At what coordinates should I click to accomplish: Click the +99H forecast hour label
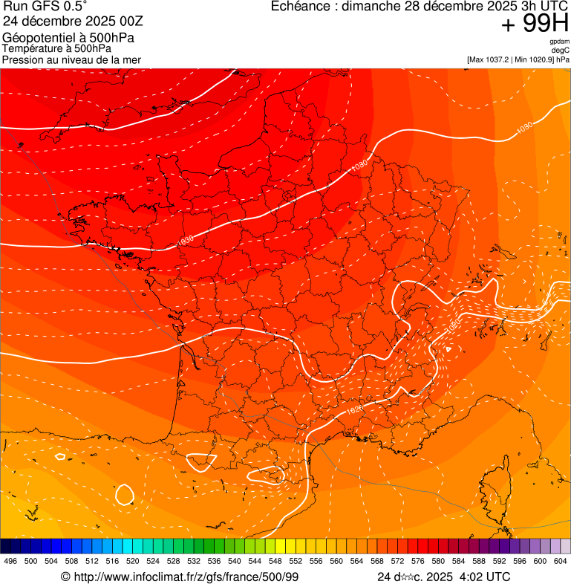pos(535,24)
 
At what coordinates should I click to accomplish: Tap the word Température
pos(32,49)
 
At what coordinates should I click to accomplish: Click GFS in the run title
pos(43,6)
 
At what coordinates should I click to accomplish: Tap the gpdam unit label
pos(559,42)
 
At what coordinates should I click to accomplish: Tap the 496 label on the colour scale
pos(10,561)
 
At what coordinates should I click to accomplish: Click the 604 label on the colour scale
pos(560,561)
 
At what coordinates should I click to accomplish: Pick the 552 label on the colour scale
pos(296,561)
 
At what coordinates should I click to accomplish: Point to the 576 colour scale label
pos(417,561)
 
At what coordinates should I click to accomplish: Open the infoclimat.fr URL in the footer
pos(185,577)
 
